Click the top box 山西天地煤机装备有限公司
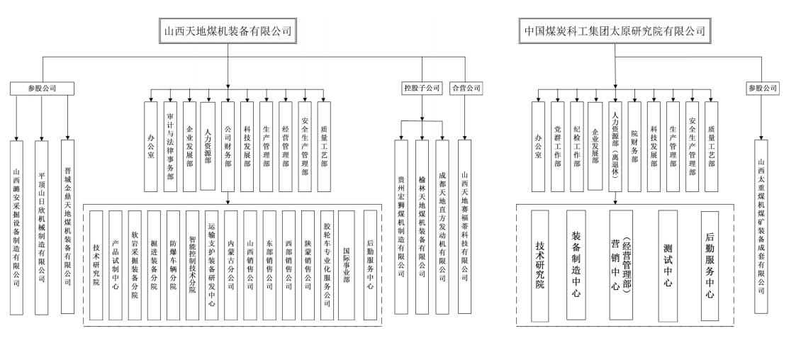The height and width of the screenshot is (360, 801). pyautogui.click(x=228, y=32)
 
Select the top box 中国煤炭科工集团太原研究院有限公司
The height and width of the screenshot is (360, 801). pyautogui.click(x=615, y=32)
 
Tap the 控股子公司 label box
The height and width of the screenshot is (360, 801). pyautogui.click(x=422, y=89)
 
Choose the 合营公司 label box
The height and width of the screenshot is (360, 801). pyautogui.click(x=466, y=89)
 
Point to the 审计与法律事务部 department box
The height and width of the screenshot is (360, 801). pyautogui.click(x=170, y=147)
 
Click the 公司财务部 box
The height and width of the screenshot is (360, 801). pyautogui.click(x=228, y=147)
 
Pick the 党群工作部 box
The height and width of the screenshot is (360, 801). pyautogui.click(x=558, y=147)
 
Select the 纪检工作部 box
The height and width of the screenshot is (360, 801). pyautogui.click(x=577, y=147)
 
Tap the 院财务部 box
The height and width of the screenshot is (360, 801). pyautogui.click(x=635, y=147)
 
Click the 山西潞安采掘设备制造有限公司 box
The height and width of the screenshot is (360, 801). pyautogui.click(x=18, y=227)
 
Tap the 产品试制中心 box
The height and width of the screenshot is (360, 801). pyautogui.click(x=116, y=264)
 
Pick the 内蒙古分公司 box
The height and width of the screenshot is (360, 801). pyautogui.click(x=231, y=264)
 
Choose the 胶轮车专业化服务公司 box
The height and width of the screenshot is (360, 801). pyautogui.click(x=327, y=264)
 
